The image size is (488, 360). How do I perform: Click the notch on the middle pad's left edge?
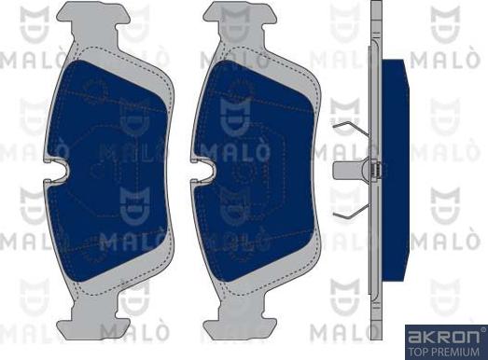pyautogui.click(x=208, y=172)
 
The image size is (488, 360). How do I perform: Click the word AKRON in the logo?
pyautogui.click(x=442, y=334)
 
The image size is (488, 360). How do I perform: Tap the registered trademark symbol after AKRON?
pyautogui.click(x=481, y=329)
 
